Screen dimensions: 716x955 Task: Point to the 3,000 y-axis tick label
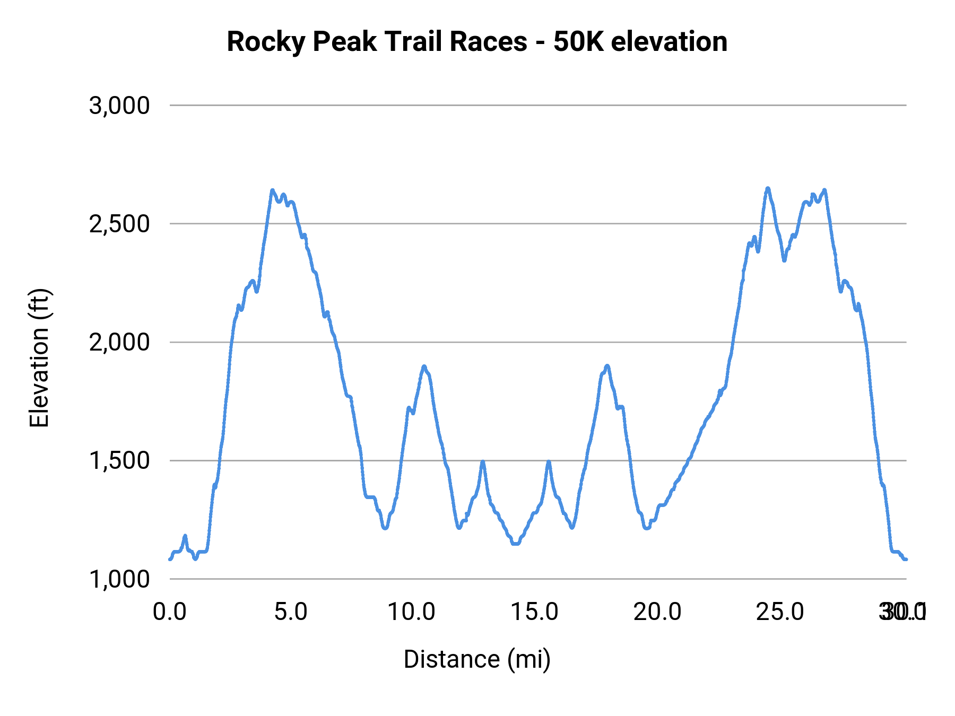[119, 106]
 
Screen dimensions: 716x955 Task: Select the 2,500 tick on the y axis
[119, 224]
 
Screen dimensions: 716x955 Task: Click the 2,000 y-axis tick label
[119, 342]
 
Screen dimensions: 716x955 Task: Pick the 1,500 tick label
[119, 460]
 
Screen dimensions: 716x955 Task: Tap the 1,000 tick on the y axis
[119, 579]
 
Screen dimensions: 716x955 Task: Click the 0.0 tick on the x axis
[170, 612]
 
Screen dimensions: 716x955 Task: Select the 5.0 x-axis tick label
[291, 612]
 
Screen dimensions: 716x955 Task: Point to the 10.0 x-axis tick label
[411, 612]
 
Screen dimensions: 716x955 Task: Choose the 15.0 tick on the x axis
[534, 612]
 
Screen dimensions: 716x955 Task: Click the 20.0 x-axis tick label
[657, 612]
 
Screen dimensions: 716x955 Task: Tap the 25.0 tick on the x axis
[780, 612]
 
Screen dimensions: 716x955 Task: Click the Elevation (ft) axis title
[39, 358]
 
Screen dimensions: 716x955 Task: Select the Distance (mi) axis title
[477, 659]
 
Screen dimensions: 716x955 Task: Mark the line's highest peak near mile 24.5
[768, 188]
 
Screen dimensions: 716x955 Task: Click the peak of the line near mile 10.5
[424, 366]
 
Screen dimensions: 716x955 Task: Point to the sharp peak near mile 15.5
[549, 462]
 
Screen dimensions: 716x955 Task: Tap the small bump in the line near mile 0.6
[185, 536]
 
